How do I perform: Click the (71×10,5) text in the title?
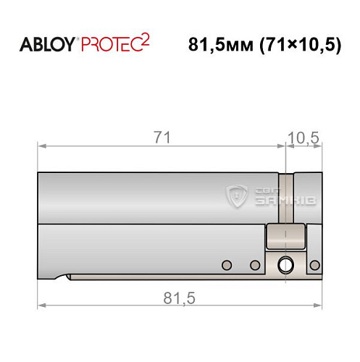tap(293, 44)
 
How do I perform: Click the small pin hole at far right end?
tap(317, 265)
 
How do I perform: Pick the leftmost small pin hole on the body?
tap(226, 265)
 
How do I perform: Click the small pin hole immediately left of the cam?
tap(254, 265)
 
